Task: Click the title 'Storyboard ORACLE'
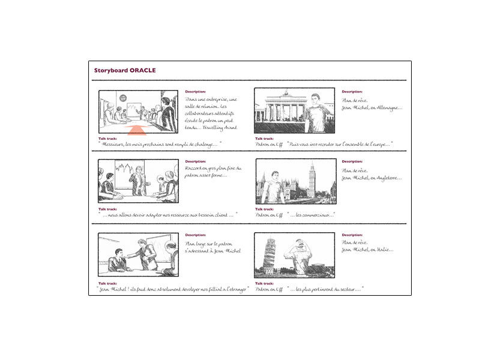coord(125,70)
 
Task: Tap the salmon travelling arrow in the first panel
coord(137,130)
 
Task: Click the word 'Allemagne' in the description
coord(388,108)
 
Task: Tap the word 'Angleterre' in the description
coord(387,178)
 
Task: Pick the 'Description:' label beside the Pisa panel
coord(352,235)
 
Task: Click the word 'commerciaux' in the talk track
coord(319,215)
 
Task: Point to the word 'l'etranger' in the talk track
coord(233,290)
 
